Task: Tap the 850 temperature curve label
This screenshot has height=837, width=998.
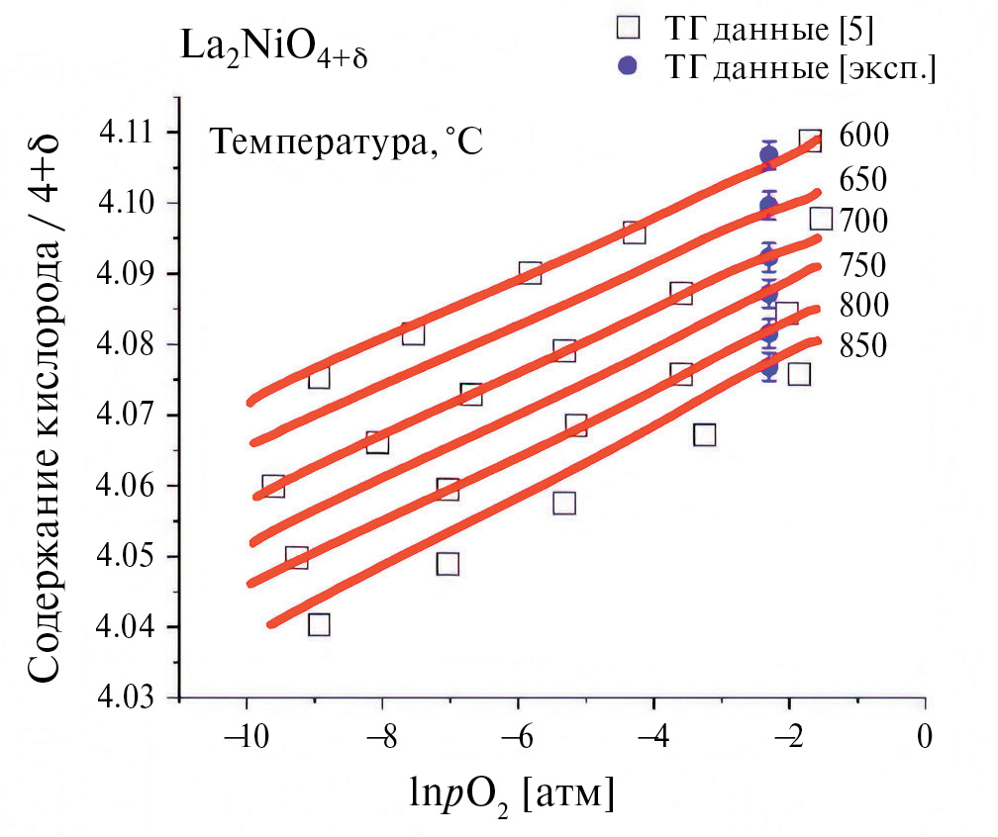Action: pos(863,345)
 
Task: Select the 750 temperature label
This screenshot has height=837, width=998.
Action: pos(863,265)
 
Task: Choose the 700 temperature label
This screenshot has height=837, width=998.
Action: pos(863,220)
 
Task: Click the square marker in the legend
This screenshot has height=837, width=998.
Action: pos(625,30)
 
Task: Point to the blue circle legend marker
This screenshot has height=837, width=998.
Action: pos(625,67)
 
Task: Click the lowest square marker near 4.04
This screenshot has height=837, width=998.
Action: pos(318,624)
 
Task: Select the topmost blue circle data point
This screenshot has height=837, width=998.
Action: pos(768,154)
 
